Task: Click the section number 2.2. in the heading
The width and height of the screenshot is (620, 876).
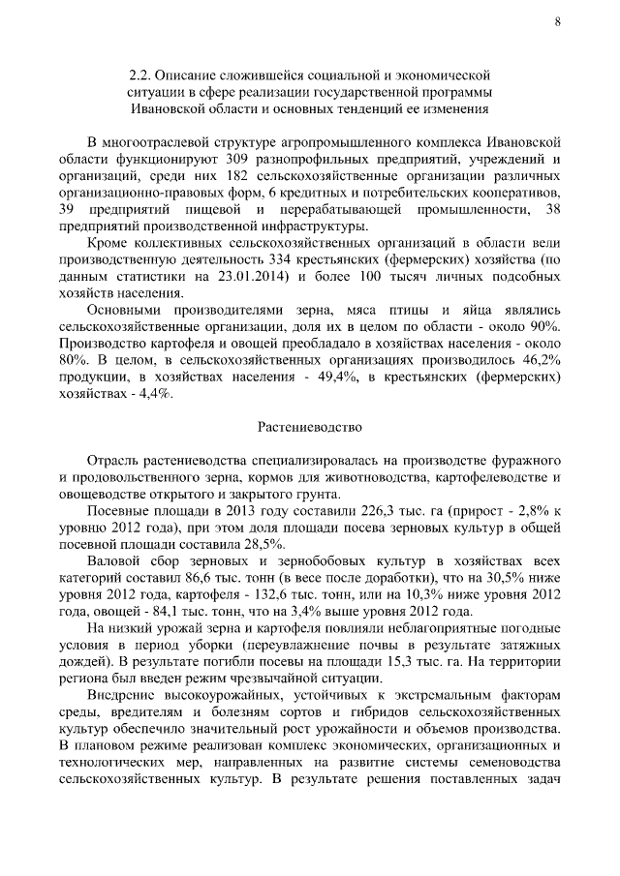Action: click(142, 74)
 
